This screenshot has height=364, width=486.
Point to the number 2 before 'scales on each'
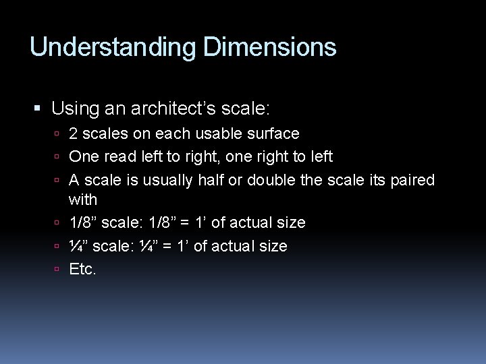74,134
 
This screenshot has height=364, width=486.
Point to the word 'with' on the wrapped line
83,200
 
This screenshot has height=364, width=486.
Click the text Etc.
83,270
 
